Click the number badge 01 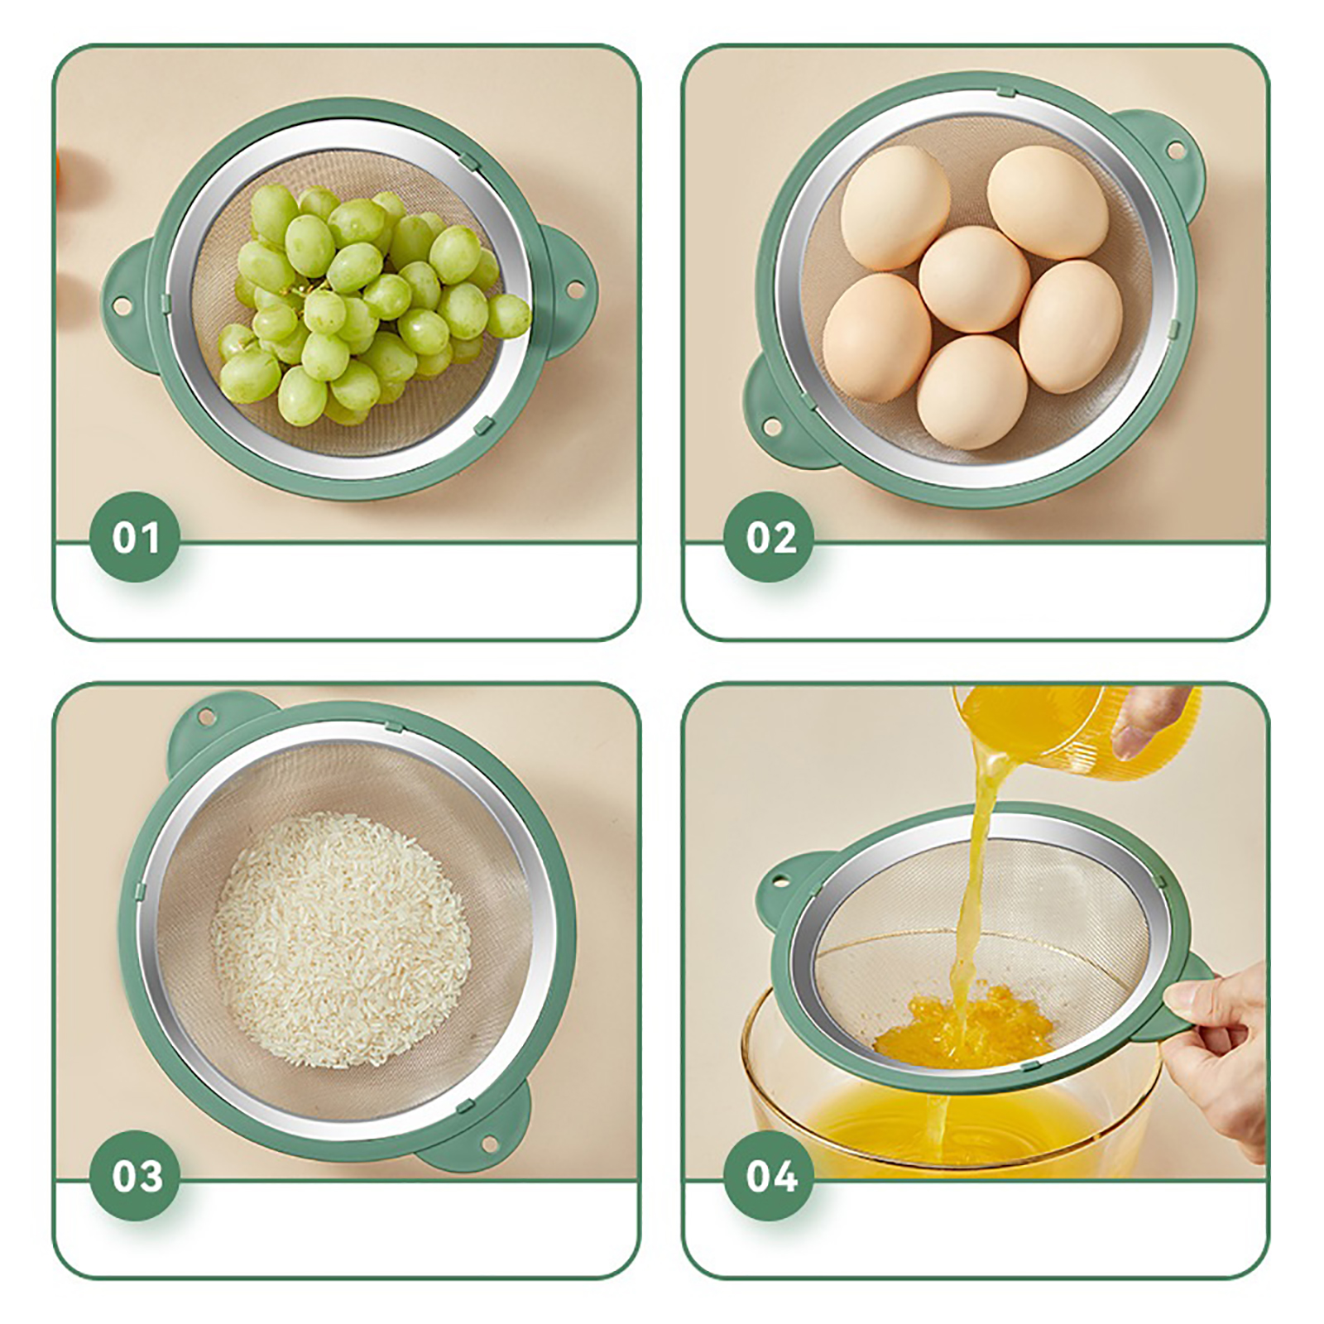point(135,537)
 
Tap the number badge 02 point(770,537)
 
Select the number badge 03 point(135,1176)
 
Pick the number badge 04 point(770,1176)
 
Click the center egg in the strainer point(974,280)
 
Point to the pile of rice point(340,940)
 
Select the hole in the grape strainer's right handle point(570,290)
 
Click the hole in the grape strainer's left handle point(121,307)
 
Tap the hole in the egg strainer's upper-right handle point(1173,151)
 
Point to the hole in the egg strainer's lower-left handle point(771,427)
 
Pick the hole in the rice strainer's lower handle point(490,1144)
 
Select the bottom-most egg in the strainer point(971,392)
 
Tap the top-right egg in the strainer point(1048,203)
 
